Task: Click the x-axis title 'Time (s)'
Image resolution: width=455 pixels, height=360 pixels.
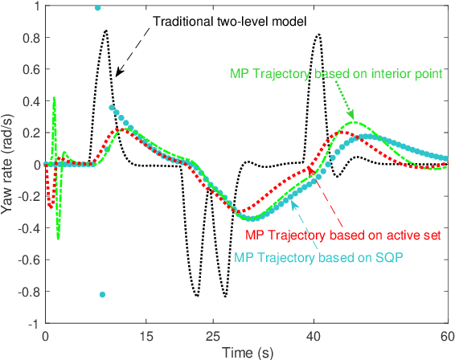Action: (x=247, y=351)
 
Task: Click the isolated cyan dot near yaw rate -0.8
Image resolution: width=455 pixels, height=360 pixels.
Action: (x=102, y=294)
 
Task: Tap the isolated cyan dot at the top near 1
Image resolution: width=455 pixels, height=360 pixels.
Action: (x=98, y=7)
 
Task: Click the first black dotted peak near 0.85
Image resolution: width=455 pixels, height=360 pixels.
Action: (x=105, y=31)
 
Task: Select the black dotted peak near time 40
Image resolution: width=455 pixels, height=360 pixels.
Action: (x=319, y=35)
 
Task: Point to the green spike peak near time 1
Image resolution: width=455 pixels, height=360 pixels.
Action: (x=54, y=98)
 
